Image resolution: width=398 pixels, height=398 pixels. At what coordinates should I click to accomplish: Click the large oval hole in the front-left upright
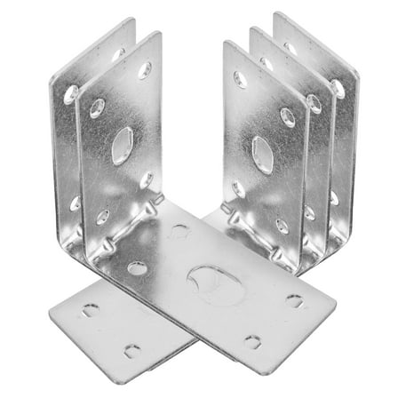[123, 145]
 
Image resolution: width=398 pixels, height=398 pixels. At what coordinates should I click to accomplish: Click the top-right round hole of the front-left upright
[145, 70]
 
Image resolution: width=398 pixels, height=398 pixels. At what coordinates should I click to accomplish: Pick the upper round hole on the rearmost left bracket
[70, 92]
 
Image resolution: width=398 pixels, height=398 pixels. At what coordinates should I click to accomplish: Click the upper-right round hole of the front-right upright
[288, 117]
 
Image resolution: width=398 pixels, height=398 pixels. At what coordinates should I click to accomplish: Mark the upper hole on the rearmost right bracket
[338, 89]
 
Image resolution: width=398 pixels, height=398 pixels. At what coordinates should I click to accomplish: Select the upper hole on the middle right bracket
[314, 104]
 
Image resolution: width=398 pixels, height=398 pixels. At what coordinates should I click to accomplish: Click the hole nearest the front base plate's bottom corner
[253, 341]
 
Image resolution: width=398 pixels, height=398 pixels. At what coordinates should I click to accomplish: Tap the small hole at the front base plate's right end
[294, 301]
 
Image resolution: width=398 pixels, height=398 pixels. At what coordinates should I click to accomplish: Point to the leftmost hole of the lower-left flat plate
[91, 310]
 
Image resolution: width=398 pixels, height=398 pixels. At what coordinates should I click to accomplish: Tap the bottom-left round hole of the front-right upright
[238, 188]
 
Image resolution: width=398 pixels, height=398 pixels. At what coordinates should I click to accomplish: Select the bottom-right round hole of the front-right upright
[282, 226]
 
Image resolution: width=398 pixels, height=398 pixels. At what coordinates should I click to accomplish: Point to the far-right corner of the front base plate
[335, 308]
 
